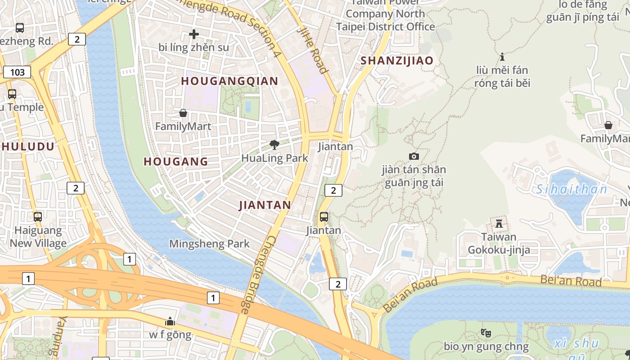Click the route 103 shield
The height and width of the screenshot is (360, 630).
point(17,72)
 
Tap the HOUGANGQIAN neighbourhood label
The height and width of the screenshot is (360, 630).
point(229,81)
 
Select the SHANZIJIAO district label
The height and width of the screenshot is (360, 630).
point(397,61)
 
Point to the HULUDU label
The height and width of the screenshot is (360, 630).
point(28,146)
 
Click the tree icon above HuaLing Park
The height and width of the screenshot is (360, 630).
point(274,144)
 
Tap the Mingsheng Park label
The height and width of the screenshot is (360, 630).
point(209,244)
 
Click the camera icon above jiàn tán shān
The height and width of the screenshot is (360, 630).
point(414,156)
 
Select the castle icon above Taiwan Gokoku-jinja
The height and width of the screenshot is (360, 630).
point(499,223)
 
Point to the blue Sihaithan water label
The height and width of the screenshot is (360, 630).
point(572,189)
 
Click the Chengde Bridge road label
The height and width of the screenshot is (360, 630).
point(257,274)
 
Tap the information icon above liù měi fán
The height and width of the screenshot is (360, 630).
point(502,57)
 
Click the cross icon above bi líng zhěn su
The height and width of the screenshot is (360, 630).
point(194,34)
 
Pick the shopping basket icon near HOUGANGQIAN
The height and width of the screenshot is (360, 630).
point(183,113)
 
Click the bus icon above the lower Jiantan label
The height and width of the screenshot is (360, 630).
point(324,217)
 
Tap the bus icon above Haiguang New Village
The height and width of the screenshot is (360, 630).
point(38,217)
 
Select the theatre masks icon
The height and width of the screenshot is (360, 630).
point(486,333)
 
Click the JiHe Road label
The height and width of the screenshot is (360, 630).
point(312,49)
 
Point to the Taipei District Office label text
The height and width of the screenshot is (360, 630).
point(386,27)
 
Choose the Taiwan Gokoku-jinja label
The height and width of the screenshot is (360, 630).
point(499,243)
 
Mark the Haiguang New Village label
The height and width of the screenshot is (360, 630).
point(38,237)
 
